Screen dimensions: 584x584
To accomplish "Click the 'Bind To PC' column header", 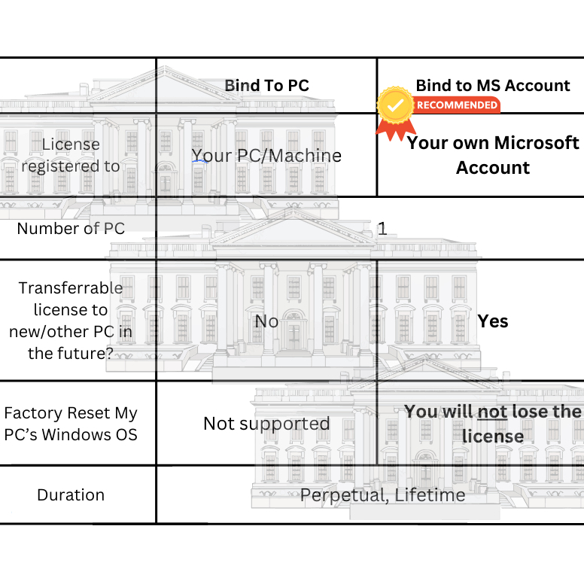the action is pos(266,85).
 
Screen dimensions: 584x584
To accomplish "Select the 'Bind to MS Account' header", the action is pos(493,85).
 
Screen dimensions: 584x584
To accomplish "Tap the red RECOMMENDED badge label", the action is pos(457,105).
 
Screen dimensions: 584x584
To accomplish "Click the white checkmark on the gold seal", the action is pos(395,106).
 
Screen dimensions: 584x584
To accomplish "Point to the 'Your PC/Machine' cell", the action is pos(266,156).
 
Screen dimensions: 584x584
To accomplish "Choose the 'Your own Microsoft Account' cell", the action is pos(493,155).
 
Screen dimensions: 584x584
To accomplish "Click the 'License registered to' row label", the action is pos(71,155).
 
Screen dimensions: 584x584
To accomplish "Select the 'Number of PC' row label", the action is pos(71,228).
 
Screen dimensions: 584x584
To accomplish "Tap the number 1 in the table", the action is pos(382,229).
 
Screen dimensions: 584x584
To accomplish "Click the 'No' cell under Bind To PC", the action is pos(266,321).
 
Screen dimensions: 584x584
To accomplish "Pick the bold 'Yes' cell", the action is pos(493,321).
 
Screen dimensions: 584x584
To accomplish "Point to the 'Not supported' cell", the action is pos(266,424).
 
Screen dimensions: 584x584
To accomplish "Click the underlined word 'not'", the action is pos(492,412).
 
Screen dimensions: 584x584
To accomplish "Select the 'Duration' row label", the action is pos(71,495).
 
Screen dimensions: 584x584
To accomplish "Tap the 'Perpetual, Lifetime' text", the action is pos(383,495).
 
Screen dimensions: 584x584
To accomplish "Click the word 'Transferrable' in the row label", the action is pos(71,288).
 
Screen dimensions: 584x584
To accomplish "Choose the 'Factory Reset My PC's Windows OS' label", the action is pos(71,424).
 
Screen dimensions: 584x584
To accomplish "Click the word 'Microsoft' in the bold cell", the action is pos(537,143).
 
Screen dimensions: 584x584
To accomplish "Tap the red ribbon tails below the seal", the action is pos(396,129).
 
